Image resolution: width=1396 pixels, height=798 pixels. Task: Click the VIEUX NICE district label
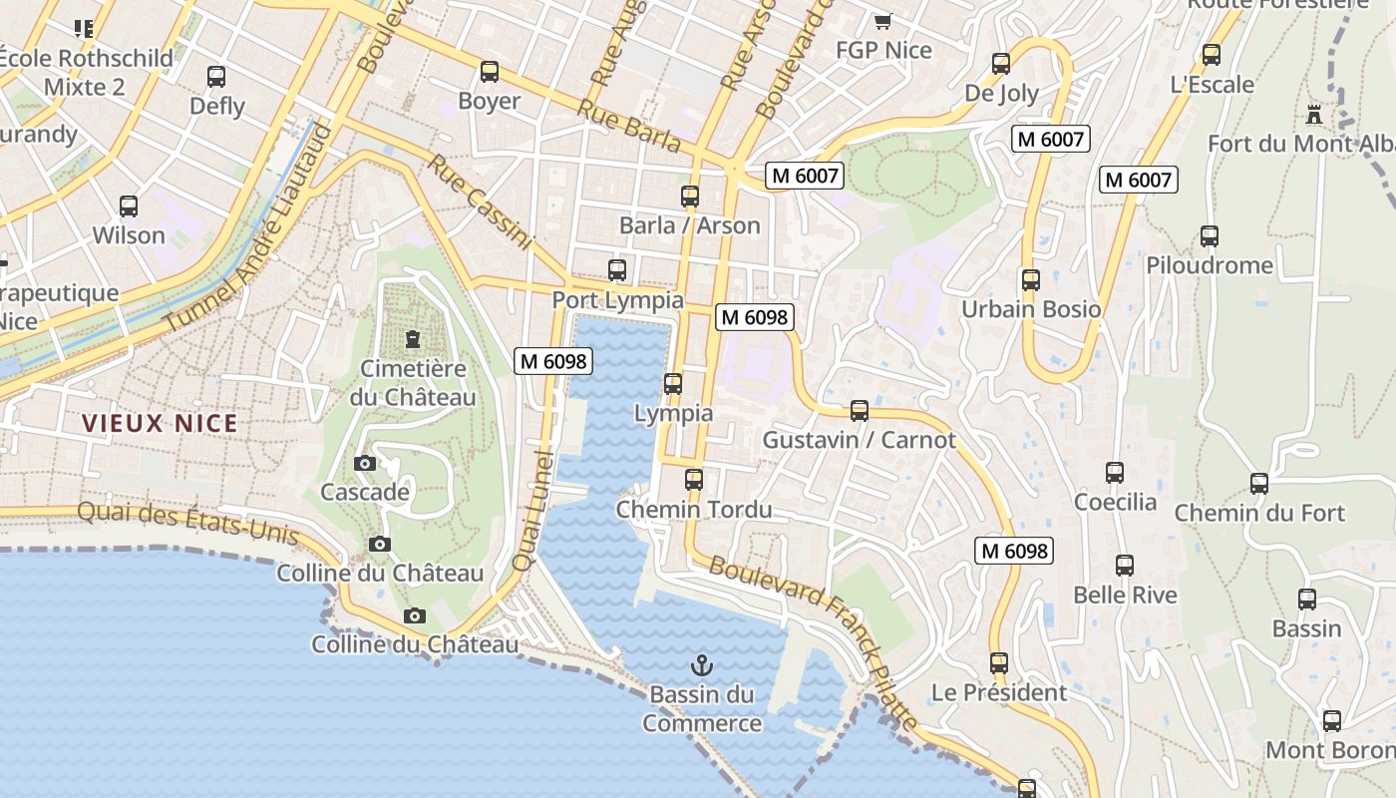(x=160, y=423)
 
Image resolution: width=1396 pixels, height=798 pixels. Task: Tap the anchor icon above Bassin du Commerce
(x=702, y=663)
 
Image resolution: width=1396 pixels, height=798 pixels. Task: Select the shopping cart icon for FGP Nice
(x=882, y=21)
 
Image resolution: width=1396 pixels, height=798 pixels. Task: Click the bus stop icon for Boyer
(x=489, y=71)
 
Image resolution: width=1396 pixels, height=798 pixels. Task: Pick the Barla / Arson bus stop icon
(x=689, y=196)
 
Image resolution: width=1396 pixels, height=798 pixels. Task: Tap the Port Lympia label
(x=618, y=300)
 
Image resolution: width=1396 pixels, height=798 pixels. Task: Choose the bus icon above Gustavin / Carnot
(x=859, y=410)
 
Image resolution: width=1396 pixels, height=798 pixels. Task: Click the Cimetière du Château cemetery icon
(x=413, y=339)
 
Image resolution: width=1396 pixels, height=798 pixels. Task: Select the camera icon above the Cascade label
(x=365, y=463)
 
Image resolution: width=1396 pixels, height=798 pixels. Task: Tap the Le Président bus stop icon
(x=999, y=662)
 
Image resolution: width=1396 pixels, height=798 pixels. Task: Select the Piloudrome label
(x=1210, y=265)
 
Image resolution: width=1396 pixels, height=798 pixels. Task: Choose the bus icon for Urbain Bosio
(x=1031, y=279)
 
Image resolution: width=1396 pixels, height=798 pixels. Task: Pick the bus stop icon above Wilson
(x=129, y=206)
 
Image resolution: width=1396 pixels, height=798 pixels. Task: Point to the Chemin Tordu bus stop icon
(x=694, y=480)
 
